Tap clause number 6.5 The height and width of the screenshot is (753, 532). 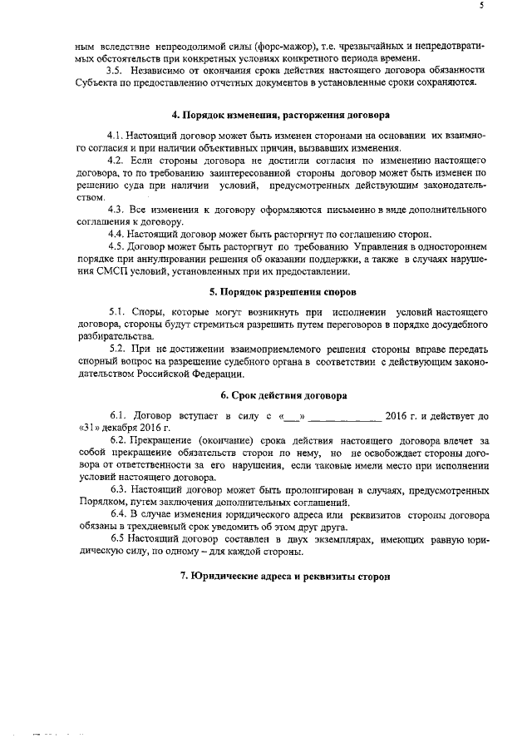point(117,540)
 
